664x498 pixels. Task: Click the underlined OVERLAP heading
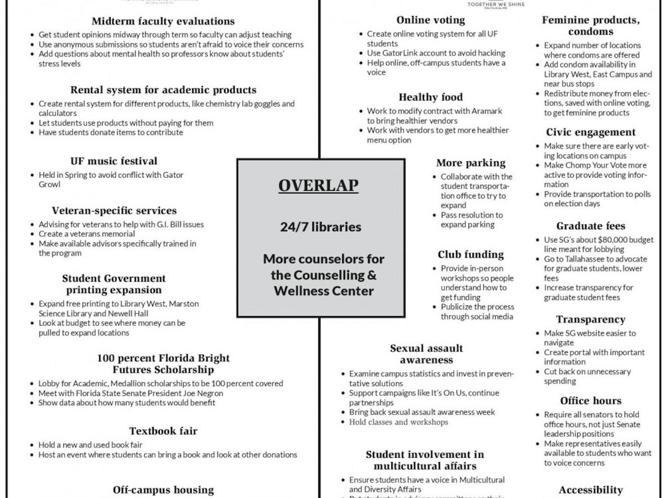[x=318, y=185]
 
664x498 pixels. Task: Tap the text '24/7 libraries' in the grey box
[x=320, y=227]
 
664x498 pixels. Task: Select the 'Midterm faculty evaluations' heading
[x=163, y=21]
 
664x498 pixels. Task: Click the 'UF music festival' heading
[x=114, y=161]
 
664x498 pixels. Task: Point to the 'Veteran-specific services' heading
[x=114, y=211]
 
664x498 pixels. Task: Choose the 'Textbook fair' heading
[x=163, y=431]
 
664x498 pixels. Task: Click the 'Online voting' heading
[x=431, y=20]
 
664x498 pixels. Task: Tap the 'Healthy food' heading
[x=431, y=97]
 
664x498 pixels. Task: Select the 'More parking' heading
[x=471, y=163]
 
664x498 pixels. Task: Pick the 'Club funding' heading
[x=471, y=255]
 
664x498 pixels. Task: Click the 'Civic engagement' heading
[x=591, y=132]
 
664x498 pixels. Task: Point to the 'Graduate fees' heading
[x=591, y=226]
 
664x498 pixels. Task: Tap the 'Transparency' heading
[x=591, y=320]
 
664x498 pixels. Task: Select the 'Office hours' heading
[x=591, y=401]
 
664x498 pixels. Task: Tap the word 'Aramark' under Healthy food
[x=486, y=111]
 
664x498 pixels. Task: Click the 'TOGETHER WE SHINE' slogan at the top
[x=496, y=4]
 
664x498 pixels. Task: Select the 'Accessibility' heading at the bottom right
[x=591, y=490]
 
